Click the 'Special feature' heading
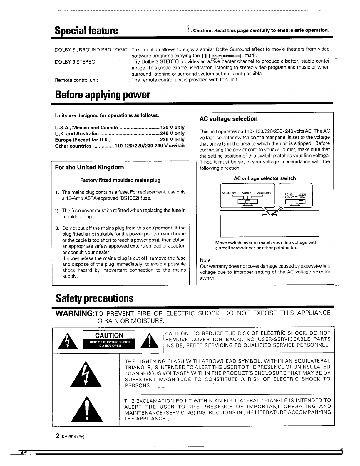point(86,30)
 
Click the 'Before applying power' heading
point(103,95)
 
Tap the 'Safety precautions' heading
point(94,298)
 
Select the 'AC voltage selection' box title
point(228,119)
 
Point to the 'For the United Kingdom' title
point(89,167)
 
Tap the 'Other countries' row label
point(73,146)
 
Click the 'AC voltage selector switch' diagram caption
point(265,178)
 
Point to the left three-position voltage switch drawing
point(247,196)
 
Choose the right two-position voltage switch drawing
point(295,196)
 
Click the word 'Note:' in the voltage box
point(206,260)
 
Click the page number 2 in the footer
point(58,436)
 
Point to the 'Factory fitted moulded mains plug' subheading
point(120,180)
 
